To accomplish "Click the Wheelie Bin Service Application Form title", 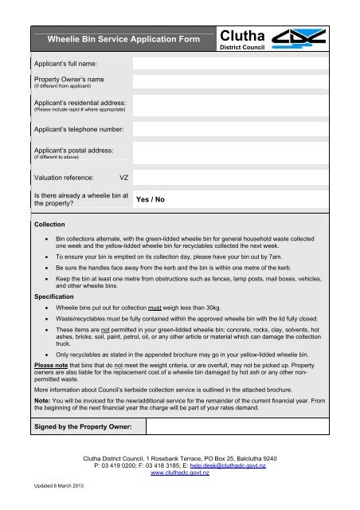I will (x=122, y=37).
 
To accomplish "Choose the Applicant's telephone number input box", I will (x=240, y=127).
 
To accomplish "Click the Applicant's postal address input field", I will (x=240, y=151).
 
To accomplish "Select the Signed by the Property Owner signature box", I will (x=240, y=430).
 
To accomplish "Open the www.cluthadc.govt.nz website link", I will (x=179, y=473).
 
